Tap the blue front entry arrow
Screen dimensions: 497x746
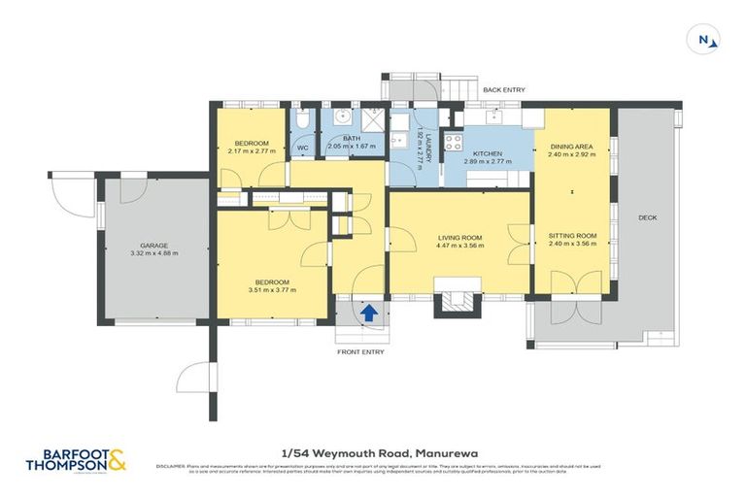[x=369, y=313]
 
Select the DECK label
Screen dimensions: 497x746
[x=647, y=217]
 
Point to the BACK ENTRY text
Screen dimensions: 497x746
[x=504, y=90]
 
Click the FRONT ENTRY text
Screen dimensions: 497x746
[x=360, y=351]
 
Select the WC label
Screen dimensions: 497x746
[x=302, y=149]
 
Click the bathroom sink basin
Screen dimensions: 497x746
[x=342, y=120]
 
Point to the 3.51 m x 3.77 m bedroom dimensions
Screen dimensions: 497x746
[x=272, y=289]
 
